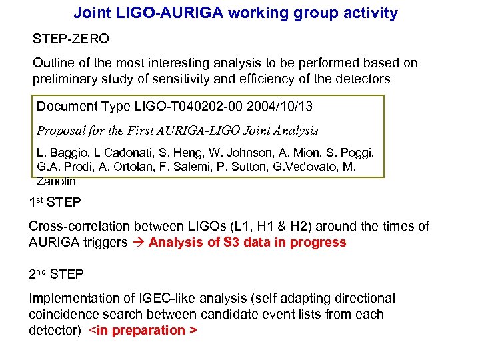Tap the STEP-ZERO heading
pyautogui.click(x=71, y=39)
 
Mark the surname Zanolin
pyautogui.click(x=56, y=181)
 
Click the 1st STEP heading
pyautogui.click(x=57, y=202)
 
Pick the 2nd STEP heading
pyautogui.click(x=58, y=274)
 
